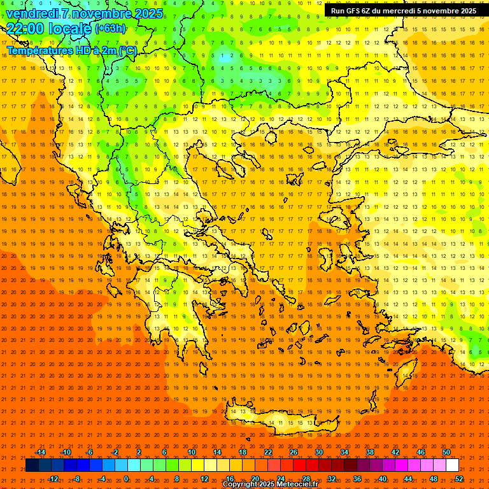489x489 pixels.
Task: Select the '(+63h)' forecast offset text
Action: tap(110, 29)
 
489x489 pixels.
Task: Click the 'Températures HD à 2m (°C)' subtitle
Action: tap(71, 50)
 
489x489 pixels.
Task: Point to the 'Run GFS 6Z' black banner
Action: tap(403, 11)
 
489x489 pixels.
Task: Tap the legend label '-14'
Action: tap(40, 452)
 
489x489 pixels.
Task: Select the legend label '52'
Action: tap(459, 479)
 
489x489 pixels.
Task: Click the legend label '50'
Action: tap(446, 452)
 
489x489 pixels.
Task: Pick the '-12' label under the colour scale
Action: tap(53, 479)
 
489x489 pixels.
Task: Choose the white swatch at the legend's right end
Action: tap(453, 465)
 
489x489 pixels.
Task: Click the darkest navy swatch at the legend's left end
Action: tap(32, 465)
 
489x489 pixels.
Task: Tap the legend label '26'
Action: tap(294, 452)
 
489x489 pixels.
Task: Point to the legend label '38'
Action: tap(370, 452)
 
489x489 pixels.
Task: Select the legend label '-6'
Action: tap(90, 452)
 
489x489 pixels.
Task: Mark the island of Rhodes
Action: tap(406, 370)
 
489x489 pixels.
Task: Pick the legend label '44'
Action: tap(408, 479)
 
